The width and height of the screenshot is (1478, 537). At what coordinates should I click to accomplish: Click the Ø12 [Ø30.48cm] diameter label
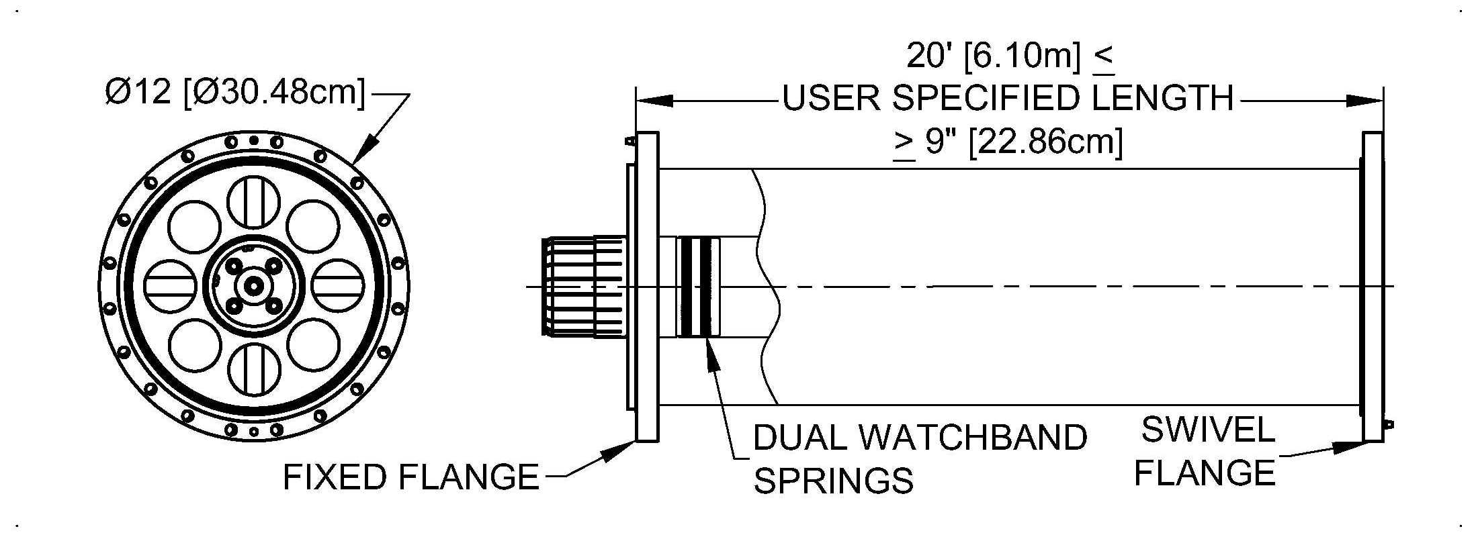235,92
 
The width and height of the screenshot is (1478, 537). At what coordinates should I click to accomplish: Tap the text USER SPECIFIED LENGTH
1008,99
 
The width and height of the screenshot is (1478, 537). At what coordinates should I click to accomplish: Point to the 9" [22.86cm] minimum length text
1008,143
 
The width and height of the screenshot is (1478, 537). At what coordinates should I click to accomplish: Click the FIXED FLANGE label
410,477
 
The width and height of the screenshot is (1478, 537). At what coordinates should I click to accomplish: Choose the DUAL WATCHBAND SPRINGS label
919,458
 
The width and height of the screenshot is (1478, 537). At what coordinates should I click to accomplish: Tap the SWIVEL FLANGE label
1207,452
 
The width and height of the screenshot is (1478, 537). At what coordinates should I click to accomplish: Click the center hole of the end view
253,286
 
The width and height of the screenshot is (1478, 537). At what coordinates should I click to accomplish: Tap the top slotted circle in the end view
253,201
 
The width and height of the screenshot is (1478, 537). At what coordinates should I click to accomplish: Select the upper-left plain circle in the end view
194,226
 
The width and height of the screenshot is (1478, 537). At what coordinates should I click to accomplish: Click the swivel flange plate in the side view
1373,287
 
